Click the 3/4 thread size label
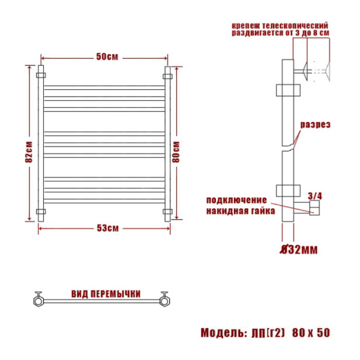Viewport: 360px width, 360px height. click(315, 196)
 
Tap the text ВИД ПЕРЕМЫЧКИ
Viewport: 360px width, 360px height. click(106, 294)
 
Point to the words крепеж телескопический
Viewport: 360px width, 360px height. click(280, 26)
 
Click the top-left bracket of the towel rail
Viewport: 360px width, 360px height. click(41, 76)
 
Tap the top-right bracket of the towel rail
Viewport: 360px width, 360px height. click(168, 76)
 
